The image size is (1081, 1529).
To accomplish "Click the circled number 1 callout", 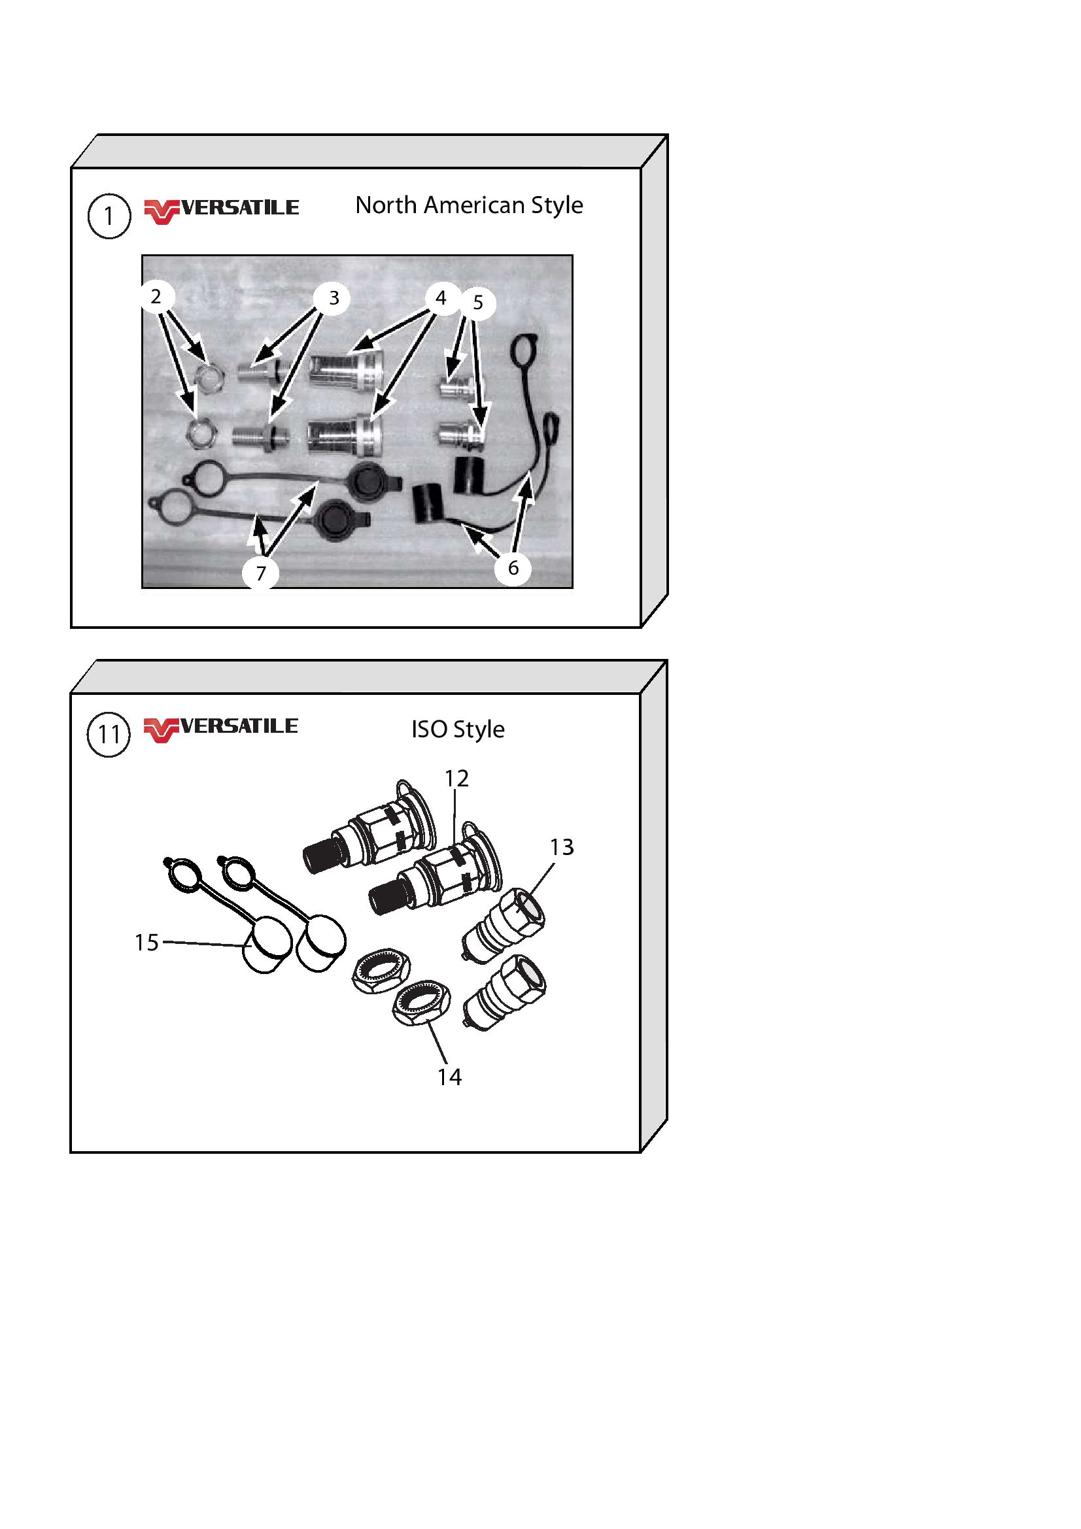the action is (109, 216).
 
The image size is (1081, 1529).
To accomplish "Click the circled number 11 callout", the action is (109, 735).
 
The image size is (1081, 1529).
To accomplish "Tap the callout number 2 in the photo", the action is (156, 296).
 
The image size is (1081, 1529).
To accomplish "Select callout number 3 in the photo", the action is (334, 297).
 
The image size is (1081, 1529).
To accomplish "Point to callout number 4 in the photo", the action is (440, 297).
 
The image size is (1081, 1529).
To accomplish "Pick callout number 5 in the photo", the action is (478, 303).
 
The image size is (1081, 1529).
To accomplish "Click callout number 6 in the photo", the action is (513, 567).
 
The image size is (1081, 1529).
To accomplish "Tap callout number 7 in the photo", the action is (260, 573).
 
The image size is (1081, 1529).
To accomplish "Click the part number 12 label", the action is (457, 779).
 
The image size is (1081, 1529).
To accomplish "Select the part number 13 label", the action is (562, 847).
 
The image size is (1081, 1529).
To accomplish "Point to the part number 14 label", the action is (449, 1077).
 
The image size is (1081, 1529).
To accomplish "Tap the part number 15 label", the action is (146, 943).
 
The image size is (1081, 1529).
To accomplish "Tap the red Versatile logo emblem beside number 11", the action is (161, 730).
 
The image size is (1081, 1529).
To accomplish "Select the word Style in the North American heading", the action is (557, 206).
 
